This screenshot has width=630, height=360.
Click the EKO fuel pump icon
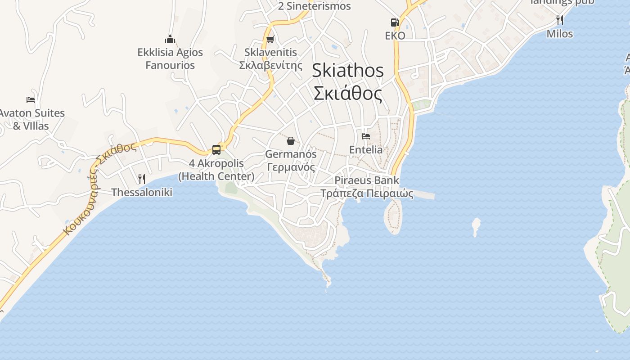click(x=395, y=22)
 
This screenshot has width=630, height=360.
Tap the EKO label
click(x=395, y=36)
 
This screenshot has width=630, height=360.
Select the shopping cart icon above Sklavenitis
click(x=270, y=40)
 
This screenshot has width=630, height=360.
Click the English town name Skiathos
click(x=348, y=70)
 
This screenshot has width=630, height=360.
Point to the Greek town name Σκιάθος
click(x=348, y=94)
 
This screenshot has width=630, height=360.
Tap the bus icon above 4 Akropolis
click(x=216, y=149)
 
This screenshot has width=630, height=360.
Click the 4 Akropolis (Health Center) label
click(x=216, y=170)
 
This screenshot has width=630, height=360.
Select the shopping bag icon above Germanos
click(x=291, y=141)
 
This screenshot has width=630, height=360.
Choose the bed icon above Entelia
click(x=366, y=136)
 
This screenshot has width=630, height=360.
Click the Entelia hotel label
click(x=366, y=149)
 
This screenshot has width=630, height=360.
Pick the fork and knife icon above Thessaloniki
click(x=141, y=179)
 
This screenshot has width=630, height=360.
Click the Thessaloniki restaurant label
click(x=142, y=192)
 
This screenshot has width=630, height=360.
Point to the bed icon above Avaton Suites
click(x=31, y=100)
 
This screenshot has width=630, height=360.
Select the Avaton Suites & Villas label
click(x=31, y=119)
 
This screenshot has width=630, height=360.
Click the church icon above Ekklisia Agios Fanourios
click(x=170, y=39)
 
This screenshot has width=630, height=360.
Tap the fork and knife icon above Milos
click(x=560, y=20)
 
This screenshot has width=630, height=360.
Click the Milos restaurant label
click(x=560, y=34)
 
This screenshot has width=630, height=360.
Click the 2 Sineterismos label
click(x=314, y=6)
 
